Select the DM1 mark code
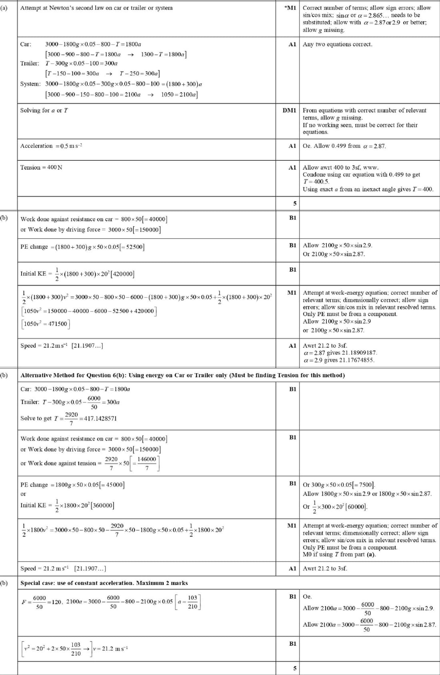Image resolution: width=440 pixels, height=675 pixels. [289, 110]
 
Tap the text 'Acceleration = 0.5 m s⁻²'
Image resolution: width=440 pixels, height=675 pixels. [51, 146]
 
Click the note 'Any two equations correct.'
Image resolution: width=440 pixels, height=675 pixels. [337, 44]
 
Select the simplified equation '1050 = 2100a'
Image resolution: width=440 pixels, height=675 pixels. [178, 95]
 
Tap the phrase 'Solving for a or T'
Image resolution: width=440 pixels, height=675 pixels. [44, 110]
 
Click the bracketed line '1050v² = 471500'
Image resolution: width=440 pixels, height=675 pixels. [46, 324]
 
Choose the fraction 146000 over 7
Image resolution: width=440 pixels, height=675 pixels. [147, 463]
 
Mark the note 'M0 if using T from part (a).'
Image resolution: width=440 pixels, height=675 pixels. [339, 554]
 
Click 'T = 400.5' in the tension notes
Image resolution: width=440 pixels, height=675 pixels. [316, 182]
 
